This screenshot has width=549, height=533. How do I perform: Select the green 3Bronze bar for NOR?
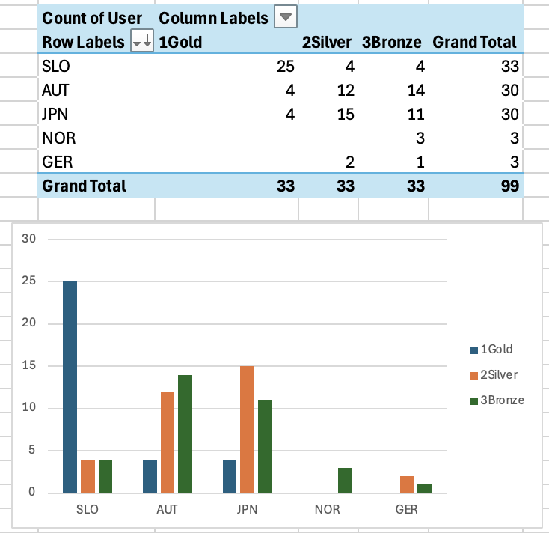point(346,480)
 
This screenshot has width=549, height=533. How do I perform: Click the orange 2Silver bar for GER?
point(408,484)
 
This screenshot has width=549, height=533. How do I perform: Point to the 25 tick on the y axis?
point(29,281)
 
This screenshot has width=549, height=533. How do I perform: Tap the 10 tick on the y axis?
point(29,408)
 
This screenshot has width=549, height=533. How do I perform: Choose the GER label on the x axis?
point(406,509)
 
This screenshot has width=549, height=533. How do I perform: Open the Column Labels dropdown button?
point(285,17)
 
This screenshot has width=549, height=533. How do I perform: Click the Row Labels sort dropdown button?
point(141,43)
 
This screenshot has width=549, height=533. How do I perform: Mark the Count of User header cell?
point(92,17)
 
